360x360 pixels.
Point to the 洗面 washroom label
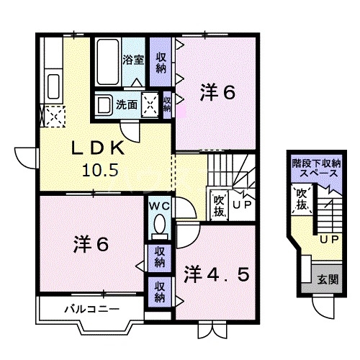point(128,104)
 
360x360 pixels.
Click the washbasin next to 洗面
point(104,103)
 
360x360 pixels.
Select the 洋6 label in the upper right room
point(217,92)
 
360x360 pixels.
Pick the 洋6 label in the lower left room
point(90,244)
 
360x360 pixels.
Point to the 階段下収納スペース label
point(314,169)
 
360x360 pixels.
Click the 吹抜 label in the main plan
point(218,204)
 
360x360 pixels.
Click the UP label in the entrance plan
point(329,238)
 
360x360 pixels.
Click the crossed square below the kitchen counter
point(52,116)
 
